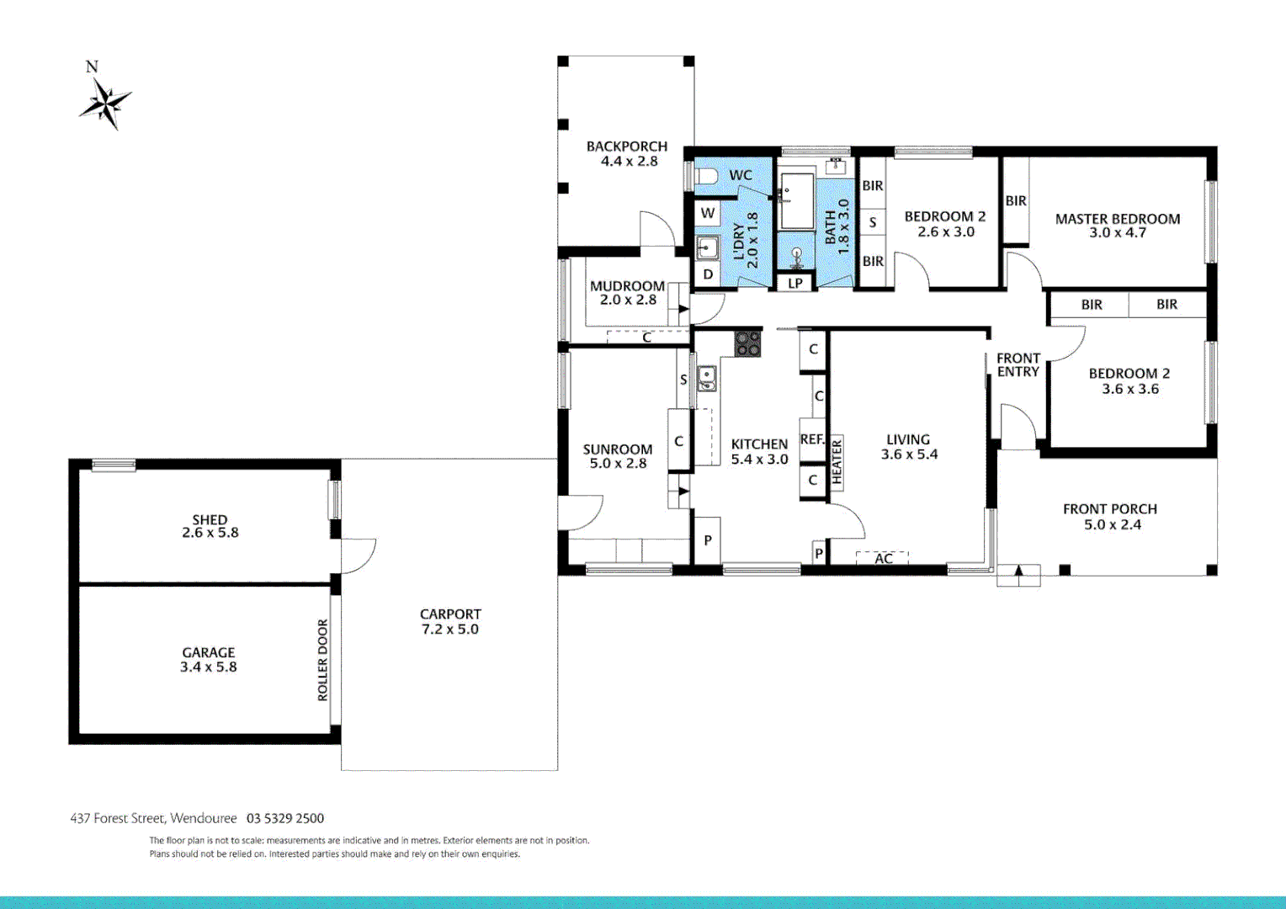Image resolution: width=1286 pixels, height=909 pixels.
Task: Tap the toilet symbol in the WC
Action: (704, 176)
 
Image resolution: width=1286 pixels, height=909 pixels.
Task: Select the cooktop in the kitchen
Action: (747, 343)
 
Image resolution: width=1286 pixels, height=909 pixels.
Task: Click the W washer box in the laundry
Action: (708, 213)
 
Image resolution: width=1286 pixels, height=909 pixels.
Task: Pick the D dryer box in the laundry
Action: (708, 274)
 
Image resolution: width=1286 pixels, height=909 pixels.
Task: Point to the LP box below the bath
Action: (795, 283)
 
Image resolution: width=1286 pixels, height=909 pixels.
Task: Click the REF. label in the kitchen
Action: (812, 439)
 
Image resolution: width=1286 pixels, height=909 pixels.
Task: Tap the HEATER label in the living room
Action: (837, 462)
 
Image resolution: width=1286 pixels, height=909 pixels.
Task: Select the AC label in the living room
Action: (883, 558)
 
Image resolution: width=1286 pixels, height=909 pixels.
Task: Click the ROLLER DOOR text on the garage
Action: (322, 660)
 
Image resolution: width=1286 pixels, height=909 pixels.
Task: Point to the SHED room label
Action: (210, 520)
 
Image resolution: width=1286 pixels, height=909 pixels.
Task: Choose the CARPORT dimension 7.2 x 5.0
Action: (450, 630)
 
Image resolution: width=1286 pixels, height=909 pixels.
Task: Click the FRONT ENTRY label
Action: (1018, 364)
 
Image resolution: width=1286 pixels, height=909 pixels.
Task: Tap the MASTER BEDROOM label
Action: (1118, 219)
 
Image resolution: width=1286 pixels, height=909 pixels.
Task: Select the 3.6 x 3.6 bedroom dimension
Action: (1130, 389)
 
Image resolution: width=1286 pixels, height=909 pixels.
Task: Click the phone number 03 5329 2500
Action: (285, 818)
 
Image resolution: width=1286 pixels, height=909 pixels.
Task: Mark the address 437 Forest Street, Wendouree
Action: (154, 818)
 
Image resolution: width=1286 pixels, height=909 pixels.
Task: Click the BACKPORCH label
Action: (627, 146)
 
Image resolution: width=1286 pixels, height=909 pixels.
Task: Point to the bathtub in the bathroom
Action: (796, 201)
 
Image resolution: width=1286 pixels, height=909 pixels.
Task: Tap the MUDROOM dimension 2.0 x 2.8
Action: (628, 300)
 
